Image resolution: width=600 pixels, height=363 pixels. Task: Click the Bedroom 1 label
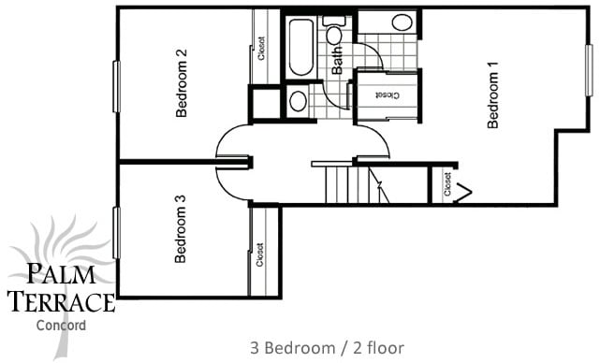click(493, 94)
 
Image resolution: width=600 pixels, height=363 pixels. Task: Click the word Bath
click(337, 60)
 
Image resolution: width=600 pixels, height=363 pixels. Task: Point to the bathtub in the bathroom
click(301, 47)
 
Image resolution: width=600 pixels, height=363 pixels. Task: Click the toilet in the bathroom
click(334, 33)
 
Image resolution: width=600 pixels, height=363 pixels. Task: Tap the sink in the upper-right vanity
click(401, 22)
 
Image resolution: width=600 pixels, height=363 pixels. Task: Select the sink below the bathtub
click(298, 101)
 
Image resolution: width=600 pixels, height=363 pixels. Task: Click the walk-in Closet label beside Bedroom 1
click(385, 94)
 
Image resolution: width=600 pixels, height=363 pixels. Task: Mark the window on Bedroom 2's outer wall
click(117, 87)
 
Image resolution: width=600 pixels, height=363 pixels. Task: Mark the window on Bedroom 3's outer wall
click(117, 233)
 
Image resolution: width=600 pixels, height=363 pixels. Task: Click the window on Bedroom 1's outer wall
click(589, 69)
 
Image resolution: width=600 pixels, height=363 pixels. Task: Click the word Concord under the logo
click(60, 326)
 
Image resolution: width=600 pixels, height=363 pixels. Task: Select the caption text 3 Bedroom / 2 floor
click(327, 348)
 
